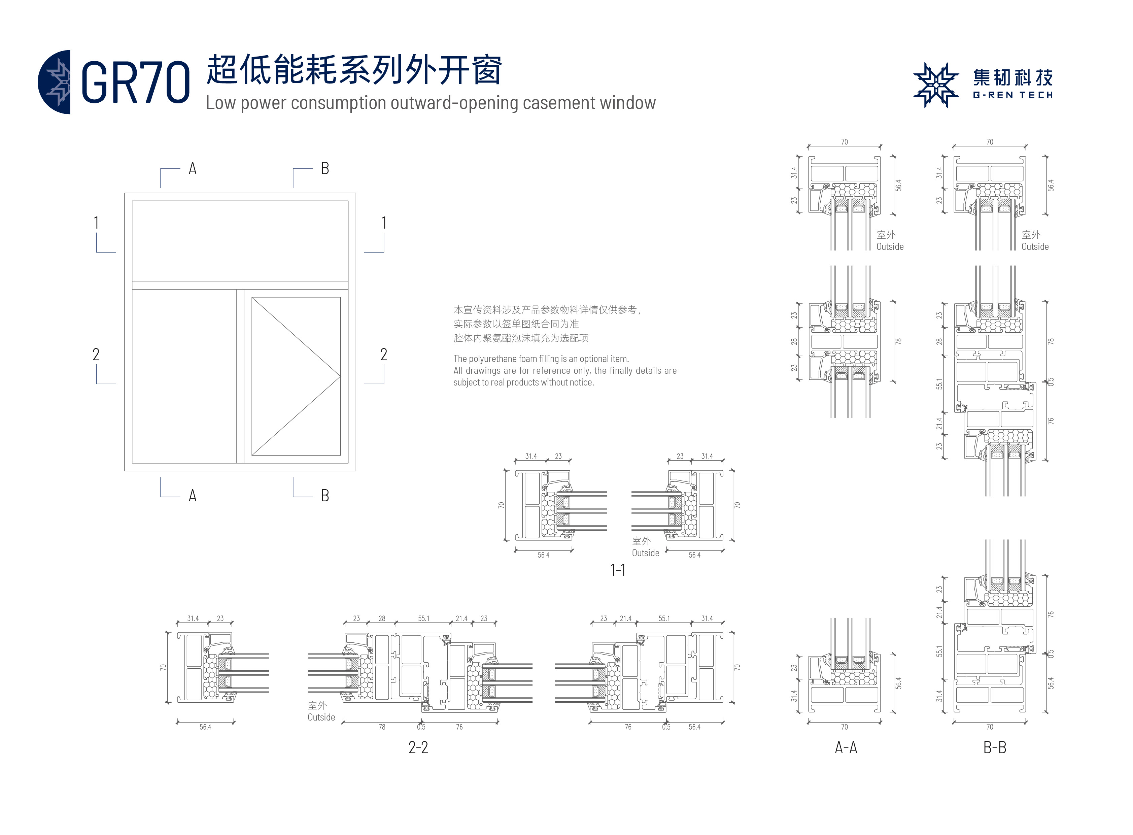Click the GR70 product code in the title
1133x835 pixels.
tap(135, 82)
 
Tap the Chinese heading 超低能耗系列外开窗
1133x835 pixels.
tap(354, 70)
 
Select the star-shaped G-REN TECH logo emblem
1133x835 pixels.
tap(935, 85)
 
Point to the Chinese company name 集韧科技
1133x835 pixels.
tap(1013, 78)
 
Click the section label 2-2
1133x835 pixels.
tap(418, 747)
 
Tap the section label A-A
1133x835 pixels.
tap(846, 747)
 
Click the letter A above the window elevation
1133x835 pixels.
tap(193, 168)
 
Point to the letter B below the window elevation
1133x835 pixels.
tap(325, 495)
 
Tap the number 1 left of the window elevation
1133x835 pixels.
tap(96, 223)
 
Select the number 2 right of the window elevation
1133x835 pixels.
tap(384, 354)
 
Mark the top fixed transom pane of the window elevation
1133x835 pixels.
tap(240, 241)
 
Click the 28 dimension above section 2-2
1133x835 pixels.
tap(382, 618)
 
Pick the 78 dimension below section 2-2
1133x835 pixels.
tap(382, 727)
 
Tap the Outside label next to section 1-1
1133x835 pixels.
tap(645, 553)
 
